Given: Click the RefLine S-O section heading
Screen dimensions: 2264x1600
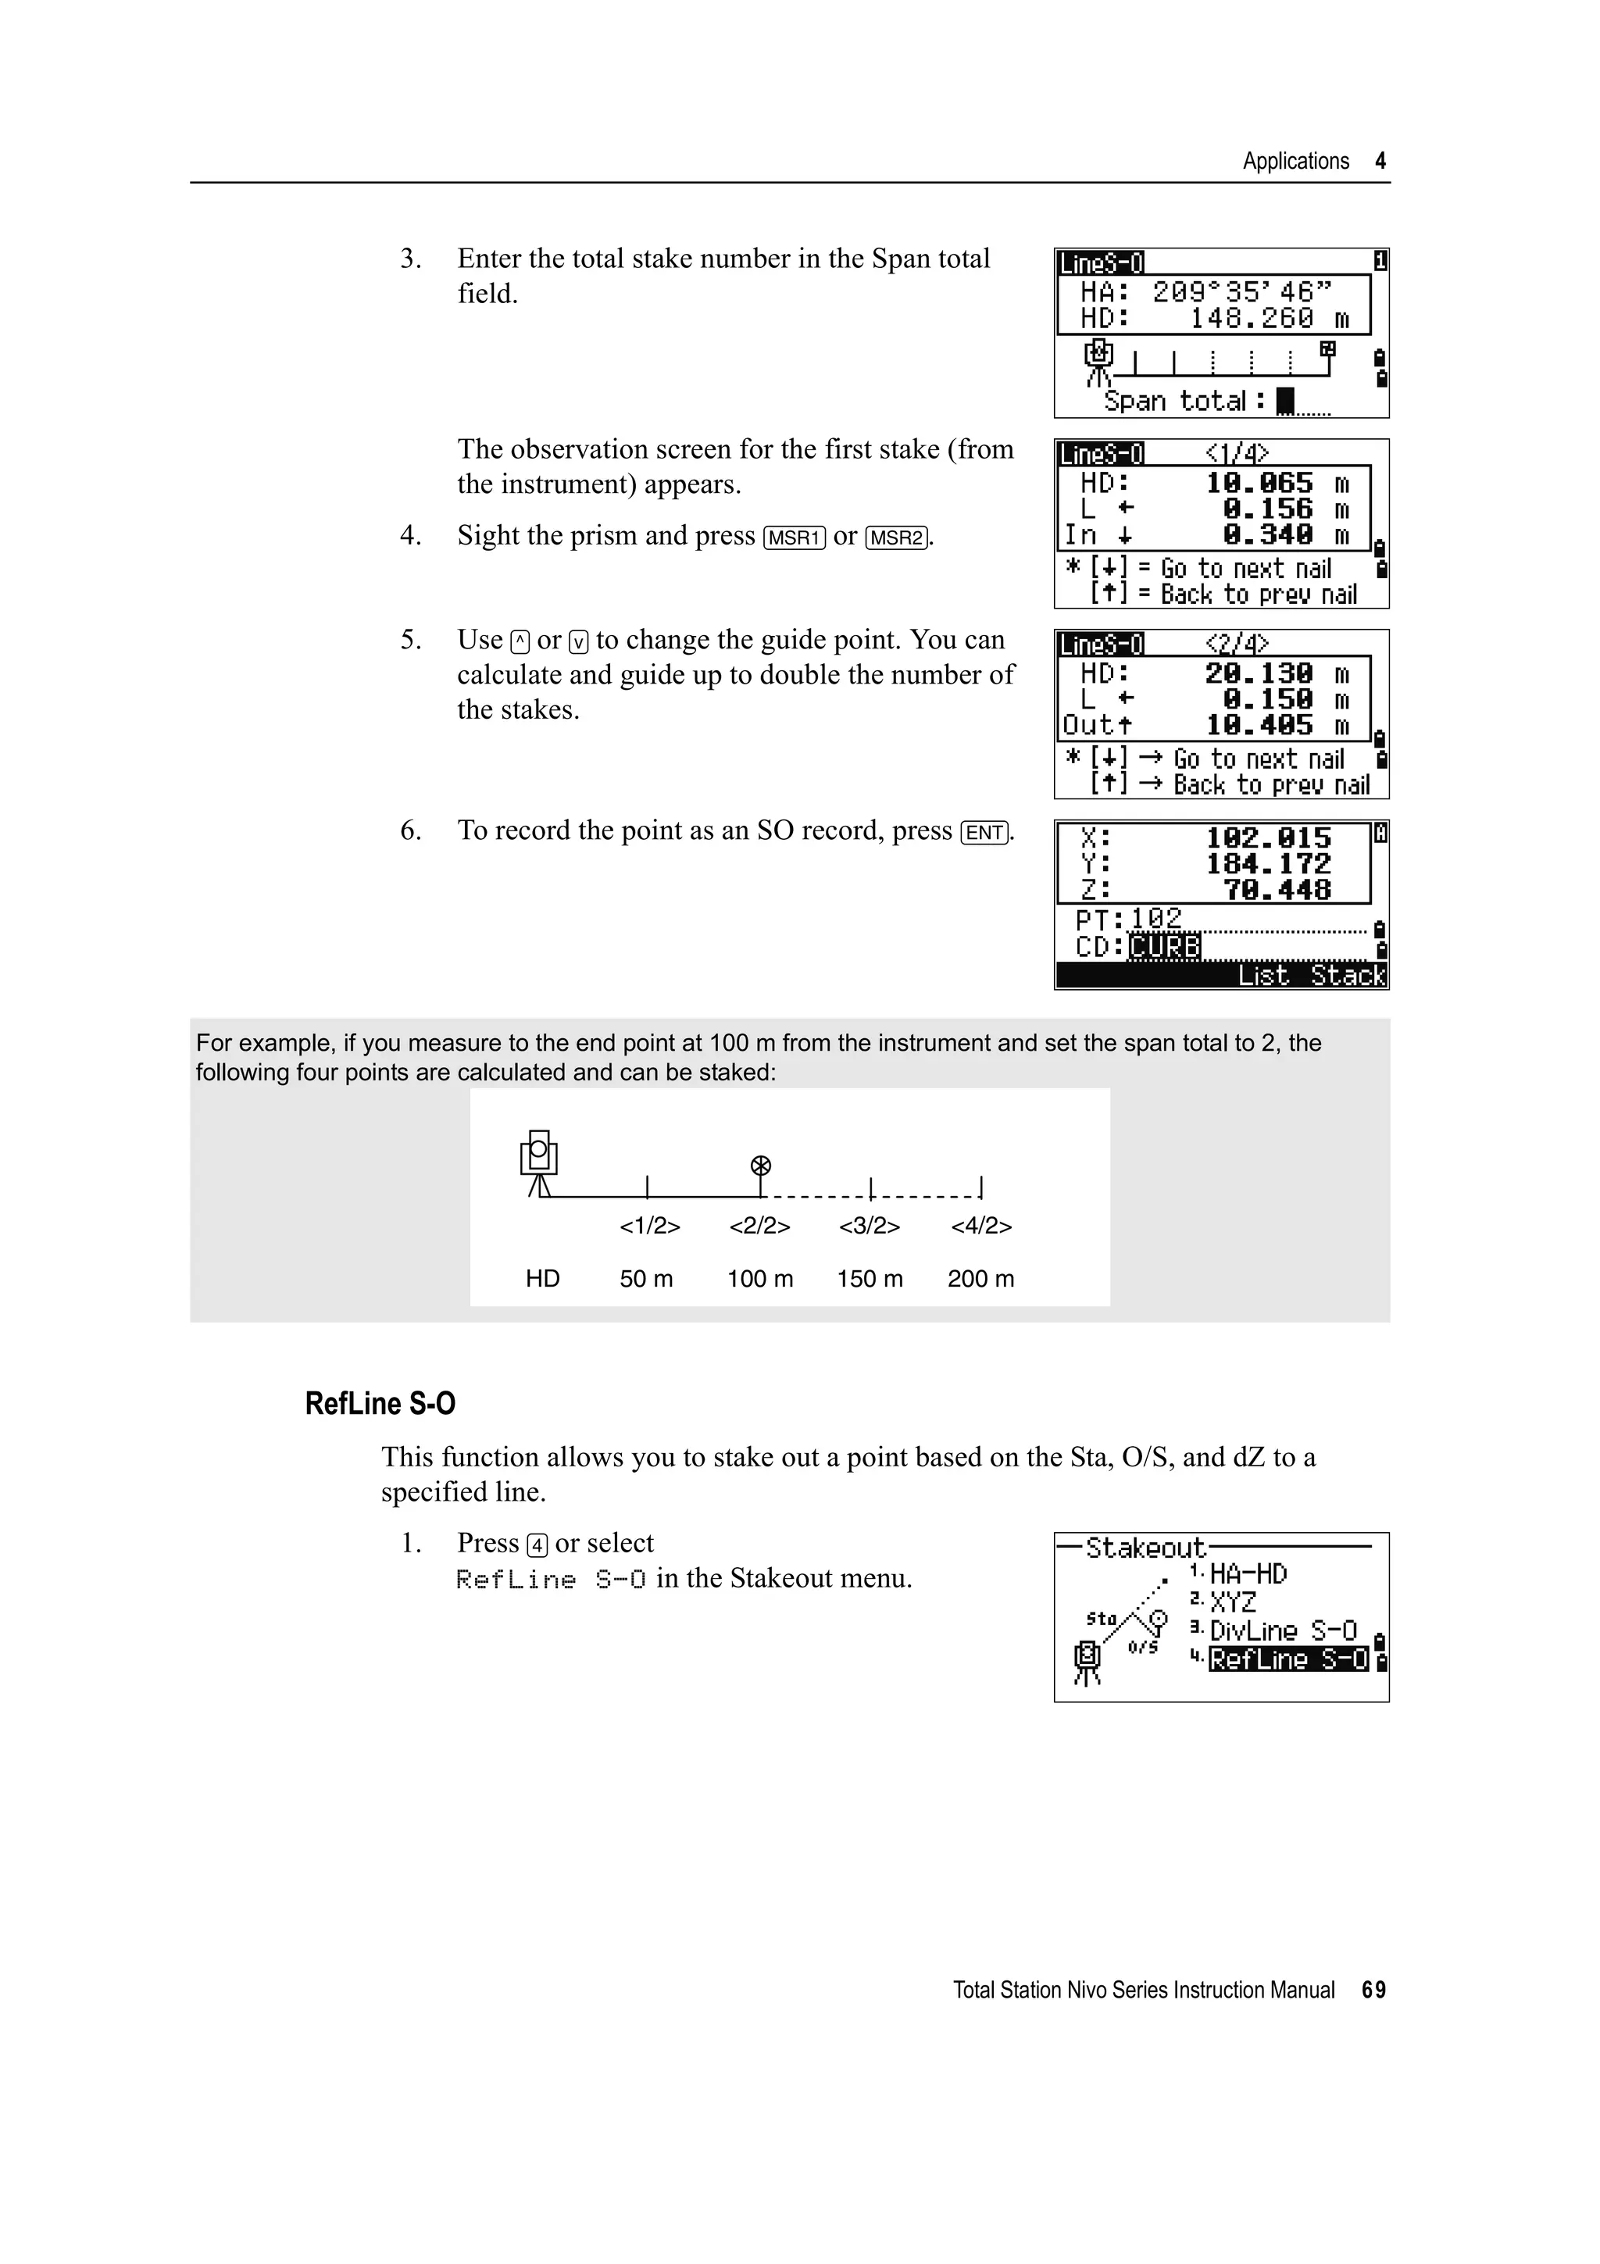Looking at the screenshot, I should click(380, 1404).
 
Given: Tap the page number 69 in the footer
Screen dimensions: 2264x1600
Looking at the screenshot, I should click(1373, 1990).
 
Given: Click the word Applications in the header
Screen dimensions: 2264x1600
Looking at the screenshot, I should click(1295, 162).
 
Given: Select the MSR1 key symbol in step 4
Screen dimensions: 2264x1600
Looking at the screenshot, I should click(795, 537).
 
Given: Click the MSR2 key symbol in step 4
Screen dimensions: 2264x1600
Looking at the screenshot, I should click(896, 537).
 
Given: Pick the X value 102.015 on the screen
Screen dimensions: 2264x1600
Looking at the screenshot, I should click(1268, 838).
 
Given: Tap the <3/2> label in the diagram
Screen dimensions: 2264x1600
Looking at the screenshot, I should click(869, 1227).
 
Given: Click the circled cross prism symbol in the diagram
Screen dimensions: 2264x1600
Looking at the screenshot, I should click(760, 1166).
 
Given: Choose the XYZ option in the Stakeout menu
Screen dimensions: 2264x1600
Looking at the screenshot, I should click(1232, 1603).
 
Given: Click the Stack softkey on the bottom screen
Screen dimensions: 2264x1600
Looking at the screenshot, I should click(1348, 977).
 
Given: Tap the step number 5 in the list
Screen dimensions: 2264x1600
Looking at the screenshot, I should click(410, 641).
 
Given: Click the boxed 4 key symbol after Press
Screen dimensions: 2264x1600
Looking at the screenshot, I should click(537, 1545).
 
